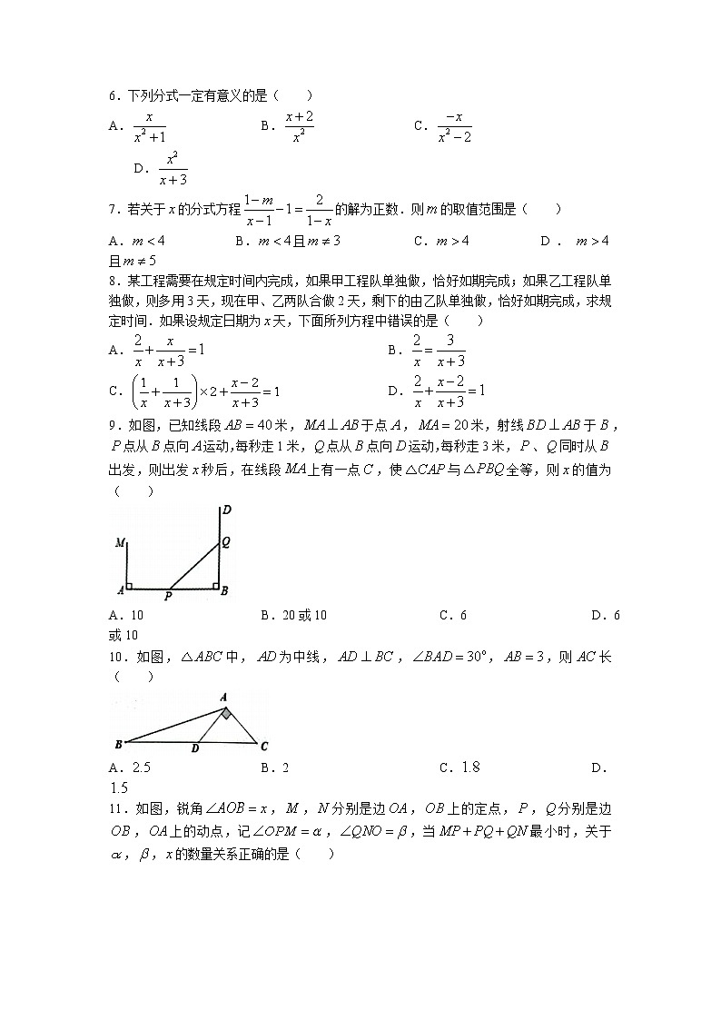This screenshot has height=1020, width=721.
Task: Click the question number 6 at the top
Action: (x=113, y=95)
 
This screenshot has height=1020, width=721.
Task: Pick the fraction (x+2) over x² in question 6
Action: (x=299, y=127)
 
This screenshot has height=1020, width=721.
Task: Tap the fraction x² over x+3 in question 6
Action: (x=173, y=169)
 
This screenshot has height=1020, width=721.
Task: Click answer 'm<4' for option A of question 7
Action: (x=149, y=241)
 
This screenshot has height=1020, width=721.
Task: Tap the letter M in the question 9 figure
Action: (x=119, y=543)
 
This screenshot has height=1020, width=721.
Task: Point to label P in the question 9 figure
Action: (x=168, y=598)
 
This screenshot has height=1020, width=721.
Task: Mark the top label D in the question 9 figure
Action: (x=226, y=510)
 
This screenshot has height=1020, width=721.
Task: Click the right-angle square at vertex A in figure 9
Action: (x=130, y=585)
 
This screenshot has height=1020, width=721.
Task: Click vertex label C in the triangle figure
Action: (x=263, y=747)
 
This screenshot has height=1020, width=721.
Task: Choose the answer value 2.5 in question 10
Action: (x=142, y=767)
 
